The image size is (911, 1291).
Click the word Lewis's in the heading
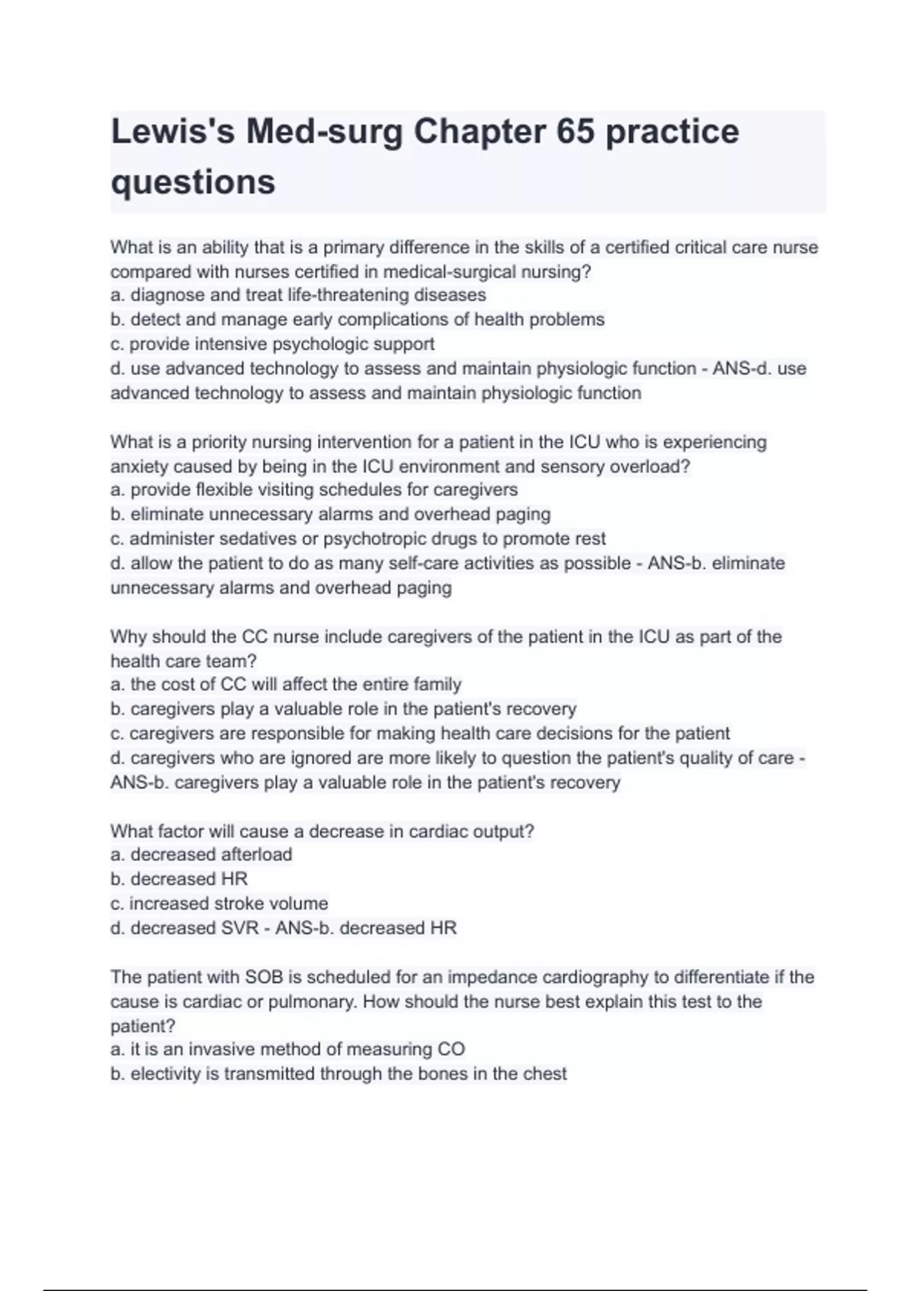172,132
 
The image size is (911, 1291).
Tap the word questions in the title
193,182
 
